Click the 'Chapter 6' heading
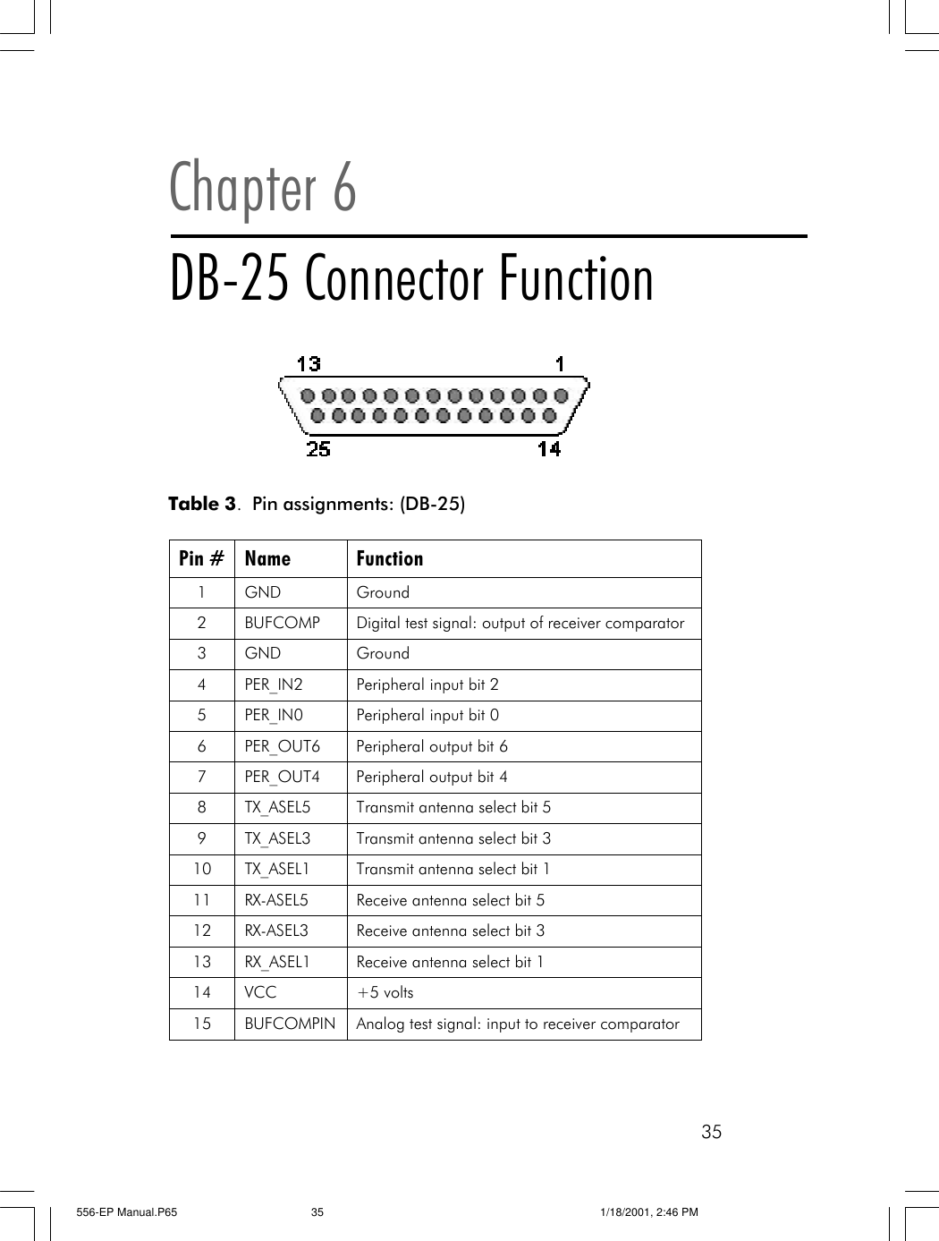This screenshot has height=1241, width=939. pos(263,187)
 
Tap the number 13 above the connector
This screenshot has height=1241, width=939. pos(309,363)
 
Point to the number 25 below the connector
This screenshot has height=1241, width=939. pos(318,448)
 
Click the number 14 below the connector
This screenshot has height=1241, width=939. pos(549,448)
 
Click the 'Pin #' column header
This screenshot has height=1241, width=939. pos(201,558)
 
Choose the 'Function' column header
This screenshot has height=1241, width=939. pos(389,558)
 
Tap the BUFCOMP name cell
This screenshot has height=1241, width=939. pos(282,623)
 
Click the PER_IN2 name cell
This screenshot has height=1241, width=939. pos(274,684)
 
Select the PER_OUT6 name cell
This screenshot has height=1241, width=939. pos(282,746)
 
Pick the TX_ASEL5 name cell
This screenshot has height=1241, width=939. pos(277,807)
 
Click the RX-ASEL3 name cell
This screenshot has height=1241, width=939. pos(276,931)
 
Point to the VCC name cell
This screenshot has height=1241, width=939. pos(260,992)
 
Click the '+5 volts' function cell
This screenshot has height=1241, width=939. pos(385,992)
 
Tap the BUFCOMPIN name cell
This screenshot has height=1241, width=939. pos(290,1024)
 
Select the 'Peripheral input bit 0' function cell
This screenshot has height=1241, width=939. pos(427,715)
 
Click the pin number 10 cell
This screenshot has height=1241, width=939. pos(202,869)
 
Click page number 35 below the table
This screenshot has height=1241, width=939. pos(711,1132)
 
